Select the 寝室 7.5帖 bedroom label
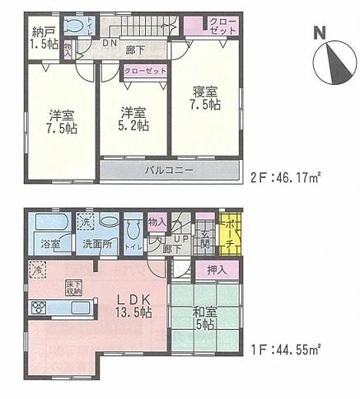coord(205,99)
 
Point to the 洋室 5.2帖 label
coord(131,119)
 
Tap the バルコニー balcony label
coord(170,171)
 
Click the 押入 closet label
coord(217,270)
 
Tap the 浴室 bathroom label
coord(49,244)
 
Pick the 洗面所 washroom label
coord(96,244)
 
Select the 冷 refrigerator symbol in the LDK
coord(36,269)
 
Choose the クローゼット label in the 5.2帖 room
coord(145,72)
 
